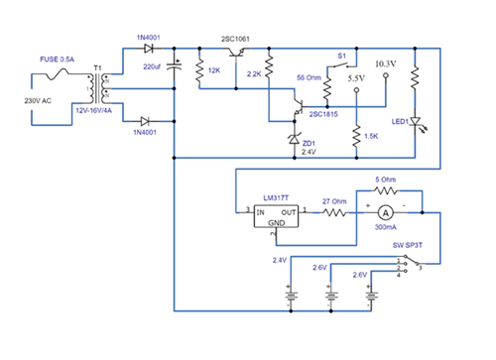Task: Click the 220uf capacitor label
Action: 154,65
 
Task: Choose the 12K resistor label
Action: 214,71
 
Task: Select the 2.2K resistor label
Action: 252,74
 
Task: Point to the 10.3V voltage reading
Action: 386,63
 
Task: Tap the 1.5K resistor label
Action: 373,136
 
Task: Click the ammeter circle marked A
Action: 385,211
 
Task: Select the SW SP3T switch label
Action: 411,244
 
